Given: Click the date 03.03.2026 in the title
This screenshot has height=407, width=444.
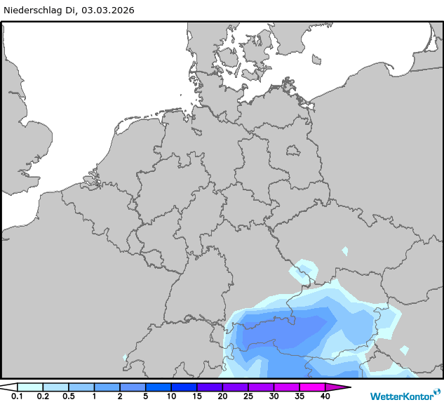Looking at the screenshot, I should tap(107, 11).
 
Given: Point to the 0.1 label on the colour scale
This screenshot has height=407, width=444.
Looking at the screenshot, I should tap(17, 397).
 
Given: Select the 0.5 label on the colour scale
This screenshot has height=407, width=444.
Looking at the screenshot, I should tap(69, 397).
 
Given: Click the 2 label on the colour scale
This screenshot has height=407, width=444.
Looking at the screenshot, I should tap(120, 397).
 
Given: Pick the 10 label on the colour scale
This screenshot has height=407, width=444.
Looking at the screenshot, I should tap(171, 397).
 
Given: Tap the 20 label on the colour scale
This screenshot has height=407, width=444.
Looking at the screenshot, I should tap(222, 397).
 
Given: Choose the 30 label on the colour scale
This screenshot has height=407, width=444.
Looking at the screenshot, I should tap(274, 397).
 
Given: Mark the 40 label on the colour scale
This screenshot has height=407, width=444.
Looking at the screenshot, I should tap(325, 397).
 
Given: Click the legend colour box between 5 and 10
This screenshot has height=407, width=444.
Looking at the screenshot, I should tap(159, 387).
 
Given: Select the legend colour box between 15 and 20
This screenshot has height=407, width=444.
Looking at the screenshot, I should tap(210, 387).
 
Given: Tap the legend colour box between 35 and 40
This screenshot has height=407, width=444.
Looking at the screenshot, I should tap(312, 387).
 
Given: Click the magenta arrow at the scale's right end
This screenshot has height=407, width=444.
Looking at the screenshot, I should tap(337, 387).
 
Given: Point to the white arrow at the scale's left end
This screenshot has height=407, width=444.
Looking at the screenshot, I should tap(9, 387).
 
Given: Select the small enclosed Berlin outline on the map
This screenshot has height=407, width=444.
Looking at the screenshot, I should tap(292, 149).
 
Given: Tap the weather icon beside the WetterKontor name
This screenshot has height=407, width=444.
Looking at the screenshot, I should tap(437, 392).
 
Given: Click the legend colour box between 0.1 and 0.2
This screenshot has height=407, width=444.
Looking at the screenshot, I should tap(30, 387).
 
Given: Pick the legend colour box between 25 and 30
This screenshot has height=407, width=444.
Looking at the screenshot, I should tap(261, 387).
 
